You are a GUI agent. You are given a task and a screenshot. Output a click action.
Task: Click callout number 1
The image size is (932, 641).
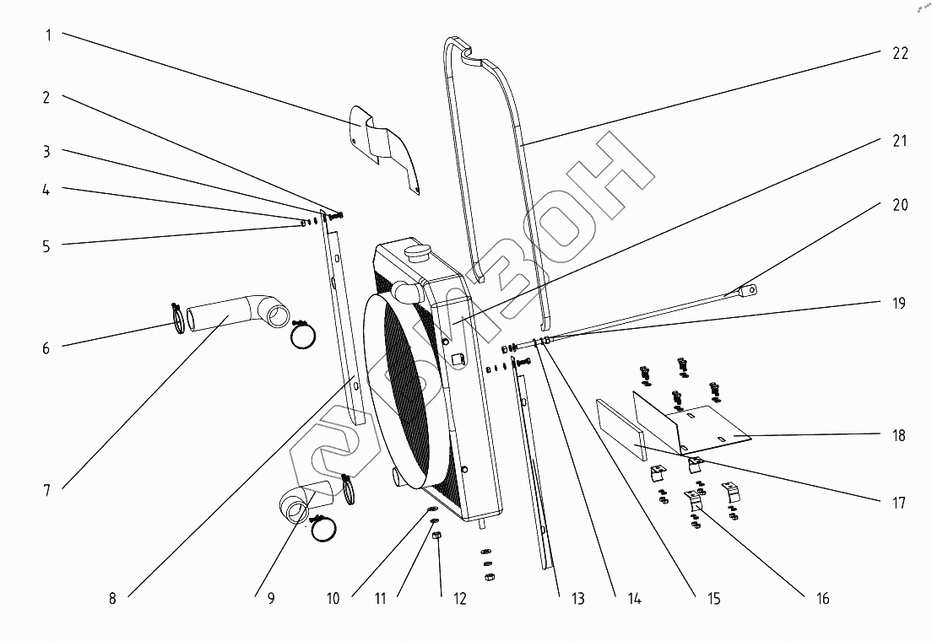click(x=49, y=35)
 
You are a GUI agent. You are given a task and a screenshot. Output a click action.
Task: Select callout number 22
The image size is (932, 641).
click(x=899, y=53)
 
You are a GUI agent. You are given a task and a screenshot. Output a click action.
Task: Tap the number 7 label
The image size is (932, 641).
click(x=47, y=490)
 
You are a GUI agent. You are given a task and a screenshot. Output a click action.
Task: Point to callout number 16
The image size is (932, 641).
click(x=822, y=599)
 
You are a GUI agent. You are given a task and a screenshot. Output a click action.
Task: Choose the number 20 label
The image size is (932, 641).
click(x=899, y=205)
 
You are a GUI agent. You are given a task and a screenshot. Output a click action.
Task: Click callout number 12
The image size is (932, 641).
click(x=459, y=599)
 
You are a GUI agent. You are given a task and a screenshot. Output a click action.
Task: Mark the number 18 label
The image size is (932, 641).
click(x=899, y=435)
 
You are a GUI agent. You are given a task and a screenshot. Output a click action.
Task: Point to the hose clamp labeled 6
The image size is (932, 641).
click(x=178, y=319)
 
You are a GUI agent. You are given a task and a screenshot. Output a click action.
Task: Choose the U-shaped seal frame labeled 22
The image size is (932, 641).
click(x=507, y=169)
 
